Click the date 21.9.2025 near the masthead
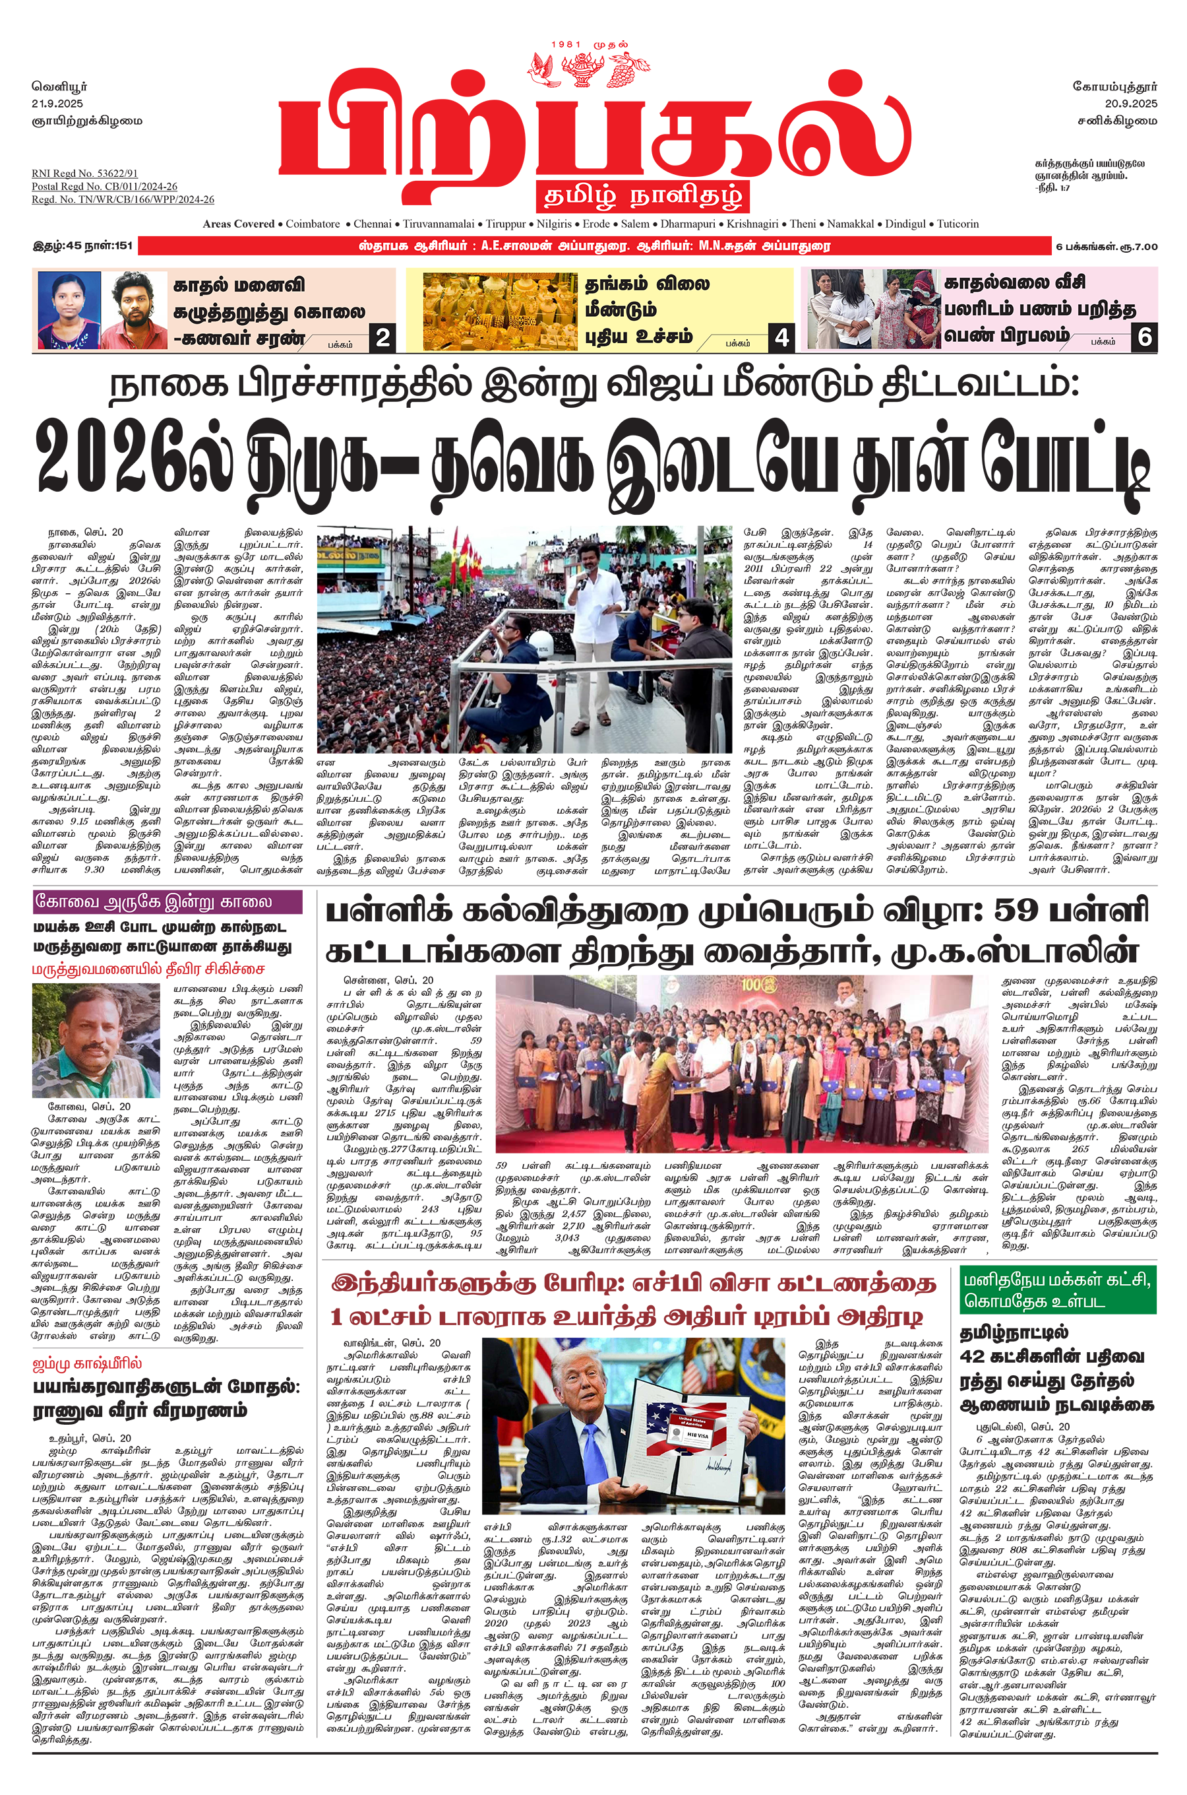[57, 103]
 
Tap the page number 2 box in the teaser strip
[383, 337]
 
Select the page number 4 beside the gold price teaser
[781, 337]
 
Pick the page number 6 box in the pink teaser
[1144, 337]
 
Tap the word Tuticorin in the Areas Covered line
[958, 224]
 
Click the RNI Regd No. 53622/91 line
[85, 174]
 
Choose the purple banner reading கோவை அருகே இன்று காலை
[167, 903]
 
